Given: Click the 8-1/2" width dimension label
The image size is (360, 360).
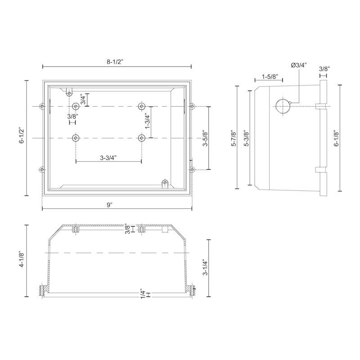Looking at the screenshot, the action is point(115,62).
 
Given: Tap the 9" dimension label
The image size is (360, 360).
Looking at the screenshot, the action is point(110,205).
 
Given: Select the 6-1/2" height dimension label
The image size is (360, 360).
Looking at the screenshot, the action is point(22,135).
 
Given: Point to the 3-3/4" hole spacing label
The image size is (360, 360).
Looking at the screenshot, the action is point(108,158).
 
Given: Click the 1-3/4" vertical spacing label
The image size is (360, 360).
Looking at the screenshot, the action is point(148,121).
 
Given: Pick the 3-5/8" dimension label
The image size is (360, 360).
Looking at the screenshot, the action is point(205,138).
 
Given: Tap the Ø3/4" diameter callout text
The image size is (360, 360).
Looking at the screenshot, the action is point(299,65).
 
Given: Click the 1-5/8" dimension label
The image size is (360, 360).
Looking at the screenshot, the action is point(270,76).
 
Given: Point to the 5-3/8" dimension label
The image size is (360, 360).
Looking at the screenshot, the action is point(247,138).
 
